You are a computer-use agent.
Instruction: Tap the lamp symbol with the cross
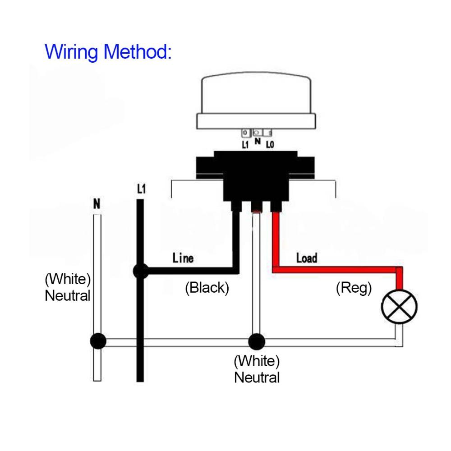point(399,307)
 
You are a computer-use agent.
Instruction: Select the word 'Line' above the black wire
point(183,258)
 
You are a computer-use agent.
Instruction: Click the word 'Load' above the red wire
point(307,258)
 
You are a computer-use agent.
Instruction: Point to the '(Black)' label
point(207,288)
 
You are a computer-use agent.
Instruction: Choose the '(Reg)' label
point(354,288)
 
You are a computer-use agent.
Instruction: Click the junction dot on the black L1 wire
point(141,272)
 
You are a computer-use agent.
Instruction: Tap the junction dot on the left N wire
point(97,341)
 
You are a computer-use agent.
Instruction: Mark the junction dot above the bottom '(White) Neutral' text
point(256,341)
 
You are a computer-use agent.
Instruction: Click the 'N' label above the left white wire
point(96,204)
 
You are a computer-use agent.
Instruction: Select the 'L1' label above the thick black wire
point(141,189)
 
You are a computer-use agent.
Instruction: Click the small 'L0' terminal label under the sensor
point(270,145)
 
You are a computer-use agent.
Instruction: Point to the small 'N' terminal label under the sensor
point(258,141)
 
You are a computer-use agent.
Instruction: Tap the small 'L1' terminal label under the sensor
point(245,145)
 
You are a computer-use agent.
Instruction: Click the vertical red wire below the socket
point(276,239)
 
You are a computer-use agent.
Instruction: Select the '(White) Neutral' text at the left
point(68,287)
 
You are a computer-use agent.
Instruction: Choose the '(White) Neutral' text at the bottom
point(257,369)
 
